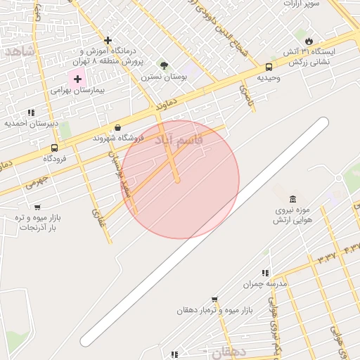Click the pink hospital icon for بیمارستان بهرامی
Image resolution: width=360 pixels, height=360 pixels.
pos(77,79)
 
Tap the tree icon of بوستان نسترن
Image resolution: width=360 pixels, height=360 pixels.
pos(164,65)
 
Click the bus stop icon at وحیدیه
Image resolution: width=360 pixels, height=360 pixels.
pos(269,67)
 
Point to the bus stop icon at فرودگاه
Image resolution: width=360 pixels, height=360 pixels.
pos(55,148)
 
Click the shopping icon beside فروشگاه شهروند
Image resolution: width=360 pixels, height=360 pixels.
pos(117,127)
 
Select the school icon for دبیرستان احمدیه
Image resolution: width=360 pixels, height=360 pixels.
pos(31,112)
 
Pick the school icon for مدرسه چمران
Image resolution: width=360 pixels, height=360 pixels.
pos(265,273)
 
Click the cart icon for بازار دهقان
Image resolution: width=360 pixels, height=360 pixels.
pos(214,299)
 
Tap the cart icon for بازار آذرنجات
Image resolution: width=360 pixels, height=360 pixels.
pos(37,207)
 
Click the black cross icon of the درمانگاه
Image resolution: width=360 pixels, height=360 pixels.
pos(108,40)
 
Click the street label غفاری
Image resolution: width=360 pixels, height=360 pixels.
pos(97,215)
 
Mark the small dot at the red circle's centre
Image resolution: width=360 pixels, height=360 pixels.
pos(178,180)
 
